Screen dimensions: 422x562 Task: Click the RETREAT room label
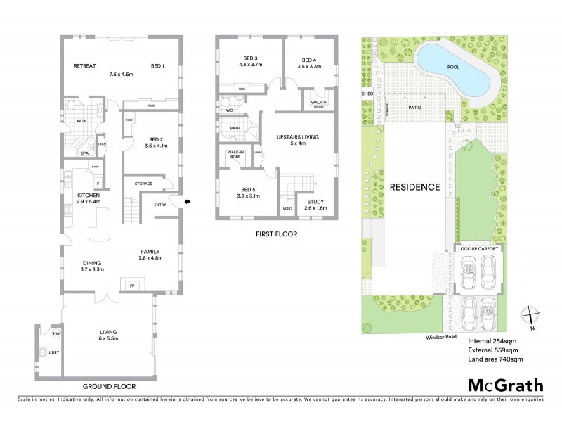click(x=84, y=65)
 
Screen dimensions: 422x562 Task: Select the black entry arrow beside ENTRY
click(x=187, y=203)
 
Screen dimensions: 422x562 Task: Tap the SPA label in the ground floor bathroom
click(x=85, y=153)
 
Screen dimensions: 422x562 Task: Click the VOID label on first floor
click(x=287, y=209)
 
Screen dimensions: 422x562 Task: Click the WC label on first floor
click(x=229, y=110)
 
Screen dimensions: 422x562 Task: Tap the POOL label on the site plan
click(x=455, y=68)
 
